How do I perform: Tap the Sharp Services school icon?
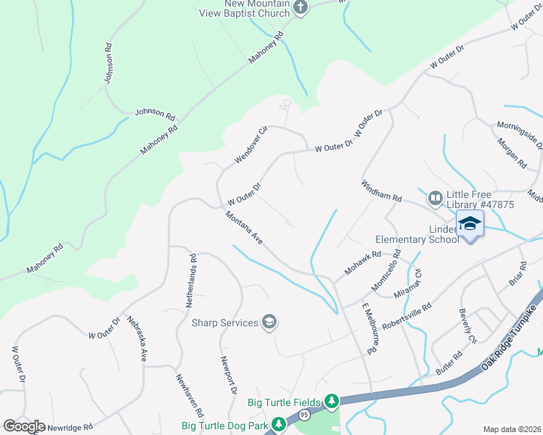[x=269, y=323]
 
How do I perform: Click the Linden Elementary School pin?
[x=470, y=224]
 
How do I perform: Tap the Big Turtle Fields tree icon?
[x=332, y=401]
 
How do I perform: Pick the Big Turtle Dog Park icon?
[x=277, y=424]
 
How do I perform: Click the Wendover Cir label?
[x=251, y=144]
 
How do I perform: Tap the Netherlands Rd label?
[x=191, y=281]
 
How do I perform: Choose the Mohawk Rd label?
[x=363, y=263]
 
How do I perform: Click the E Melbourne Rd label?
[x=372, y=328]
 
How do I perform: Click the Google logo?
[x=24, y=426]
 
